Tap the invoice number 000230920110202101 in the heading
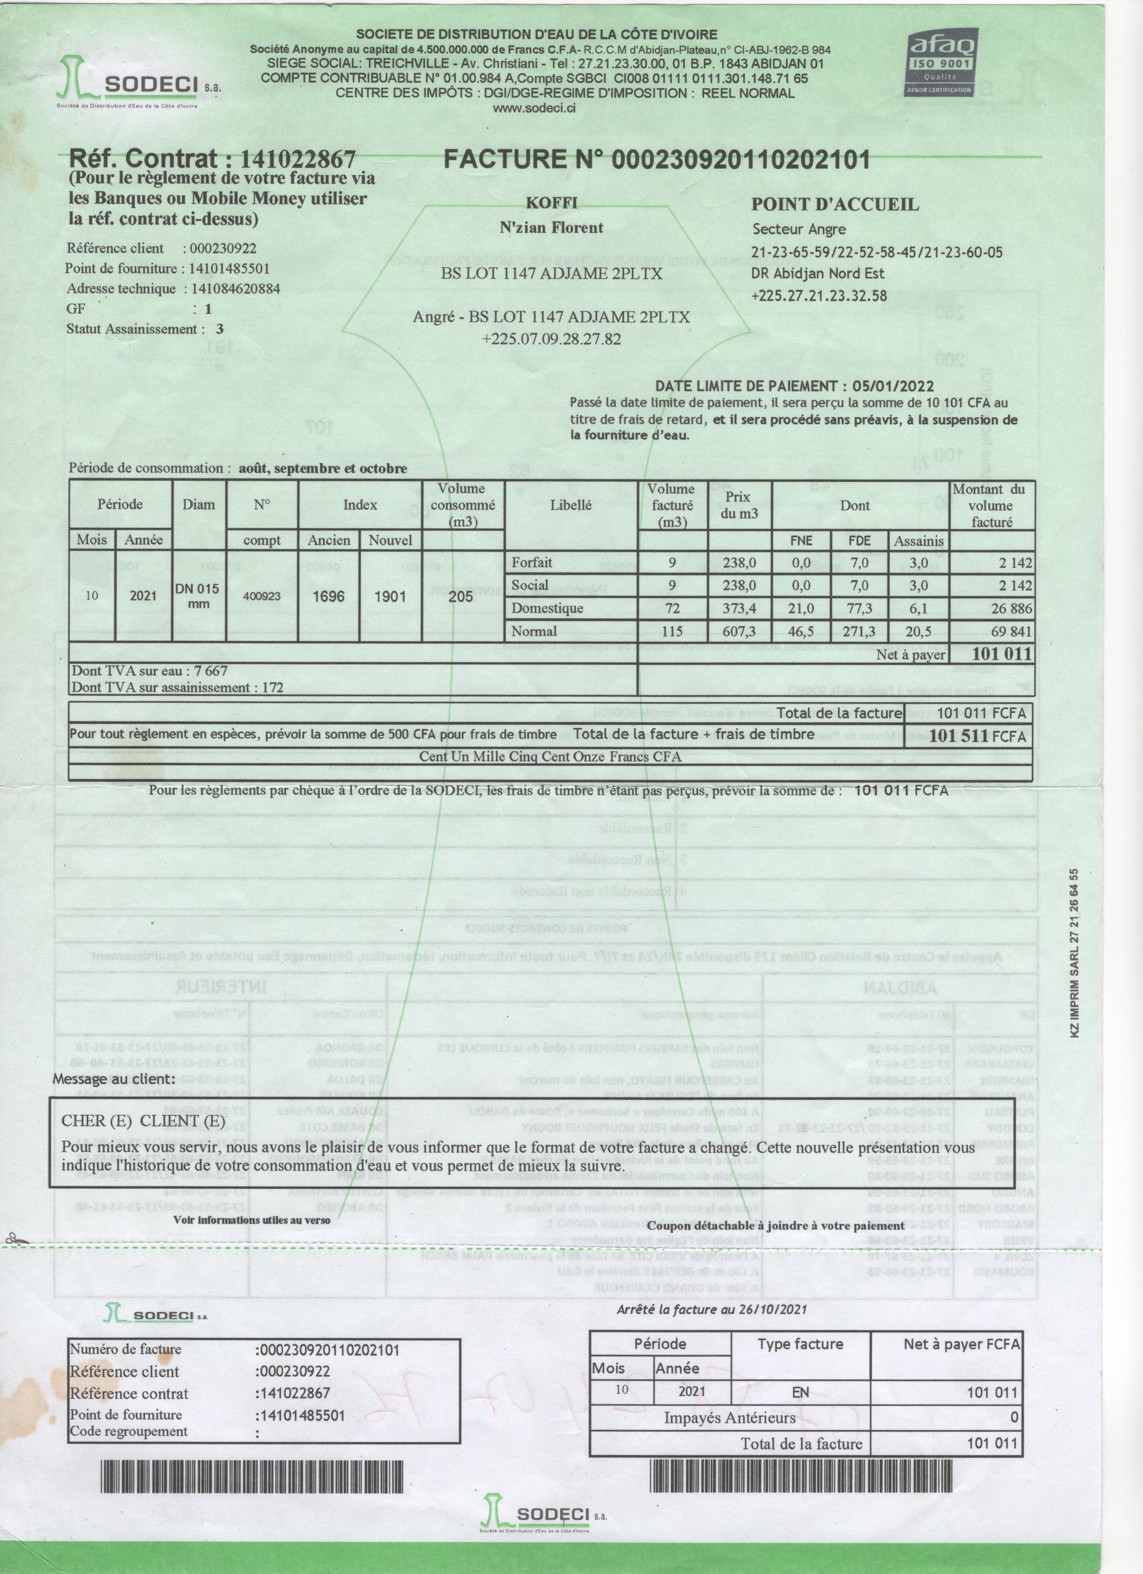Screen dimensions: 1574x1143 point(741,160)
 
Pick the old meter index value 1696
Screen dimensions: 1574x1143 point(328,596)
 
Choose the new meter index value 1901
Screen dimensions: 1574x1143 point(390,596)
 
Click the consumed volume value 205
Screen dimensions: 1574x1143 point(461,596)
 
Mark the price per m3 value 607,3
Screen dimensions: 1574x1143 point(739,631)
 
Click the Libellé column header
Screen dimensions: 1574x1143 point(571,505)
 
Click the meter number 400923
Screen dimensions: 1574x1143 point(261,596)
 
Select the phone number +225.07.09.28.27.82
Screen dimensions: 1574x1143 point(551,339)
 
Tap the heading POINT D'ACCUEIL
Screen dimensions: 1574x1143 point(835,205)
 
